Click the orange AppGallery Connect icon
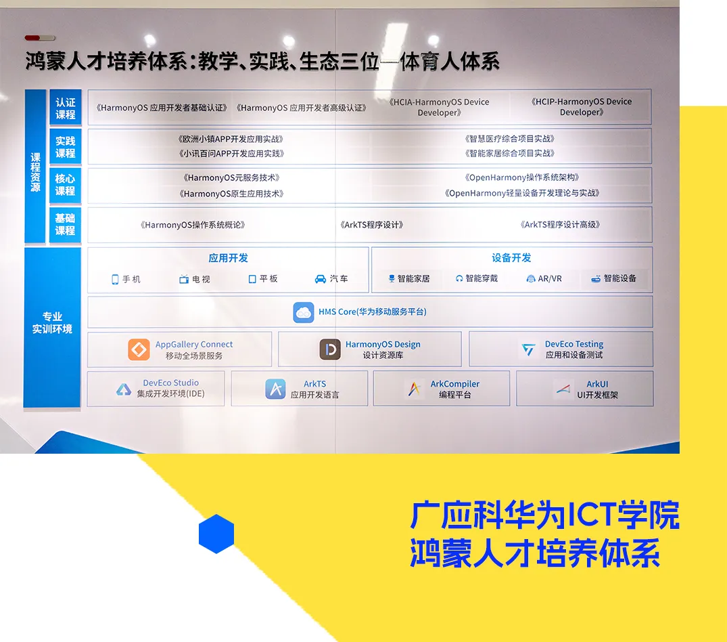point(139,349)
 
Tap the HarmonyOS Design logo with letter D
point(330,349)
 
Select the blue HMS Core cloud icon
point(304,312)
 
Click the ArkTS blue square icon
point(275,389)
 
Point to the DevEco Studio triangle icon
point(124,389)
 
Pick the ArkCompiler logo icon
point(414,389)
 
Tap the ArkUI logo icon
point(563,389)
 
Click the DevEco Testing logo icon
point(529,349)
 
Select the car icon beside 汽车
point(321,279)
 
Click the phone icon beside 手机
point(115,280)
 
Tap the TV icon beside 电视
point(184,279)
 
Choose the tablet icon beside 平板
point(252,279)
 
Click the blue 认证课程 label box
point(66,108)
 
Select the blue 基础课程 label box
point(66,225)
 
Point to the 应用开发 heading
point(228,258)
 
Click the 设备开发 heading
point(511,257)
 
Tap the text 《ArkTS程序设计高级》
point(560,225)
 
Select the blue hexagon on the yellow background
point(216,534)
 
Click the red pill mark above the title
point(32,38)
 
